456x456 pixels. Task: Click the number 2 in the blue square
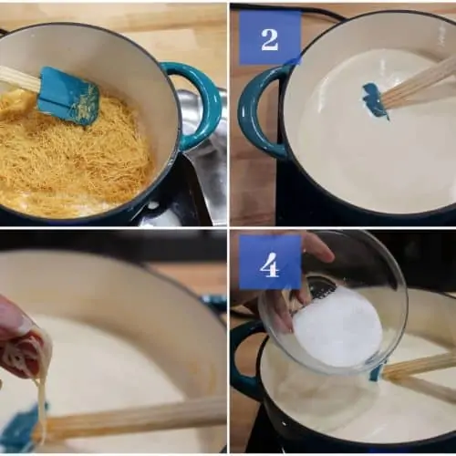click(269, 40)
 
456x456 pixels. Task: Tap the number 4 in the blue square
click(269, 264)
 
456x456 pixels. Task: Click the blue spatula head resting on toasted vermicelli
click(69, 97)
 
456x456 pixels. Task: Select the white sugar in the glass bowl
click(337, 326)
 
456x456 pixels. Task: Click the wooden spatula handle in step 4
click(420, 376)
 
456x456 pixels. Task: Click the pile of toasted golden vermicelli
click(71, 155)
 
